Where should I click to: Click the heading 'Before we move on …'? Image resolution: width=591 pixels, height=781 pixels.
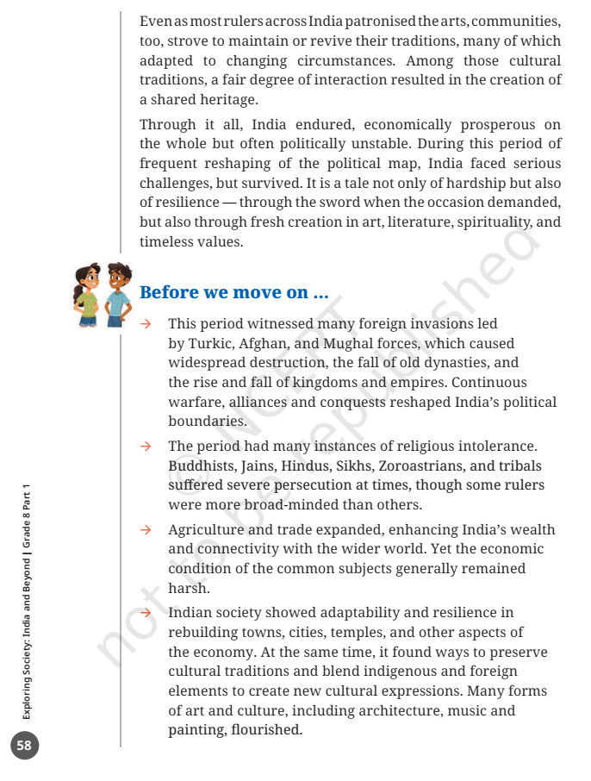pyautogui.click(x=233, y=292)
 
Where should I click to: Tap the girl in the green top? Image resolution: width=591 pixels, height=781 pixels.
pyautogui.click(x=87, y=296)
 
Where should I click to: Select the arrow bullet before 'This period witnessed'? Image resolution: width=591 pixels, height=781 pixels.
pyautogui.click(x=146, y=324)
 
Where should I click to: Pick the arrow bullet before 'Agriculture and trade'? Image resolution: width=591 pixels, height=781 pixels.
pyautogui.click(x=146, y=529)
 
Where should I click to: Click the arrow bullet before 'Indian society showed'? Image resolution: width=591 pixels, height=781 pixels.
pyautogui.click(x=146, y=612)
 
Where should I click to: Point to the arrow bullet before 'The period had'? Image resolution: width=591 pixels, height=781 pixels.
pyautogui.click(x=146, y=447)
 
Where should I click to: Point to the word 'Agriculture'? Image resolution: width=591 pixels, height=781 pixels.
pyautogui.click(x=206, y=529)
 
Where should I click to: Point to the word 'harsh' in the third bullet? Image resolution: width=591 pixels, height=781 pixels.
pyautogui.click(x=186, y=589)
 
